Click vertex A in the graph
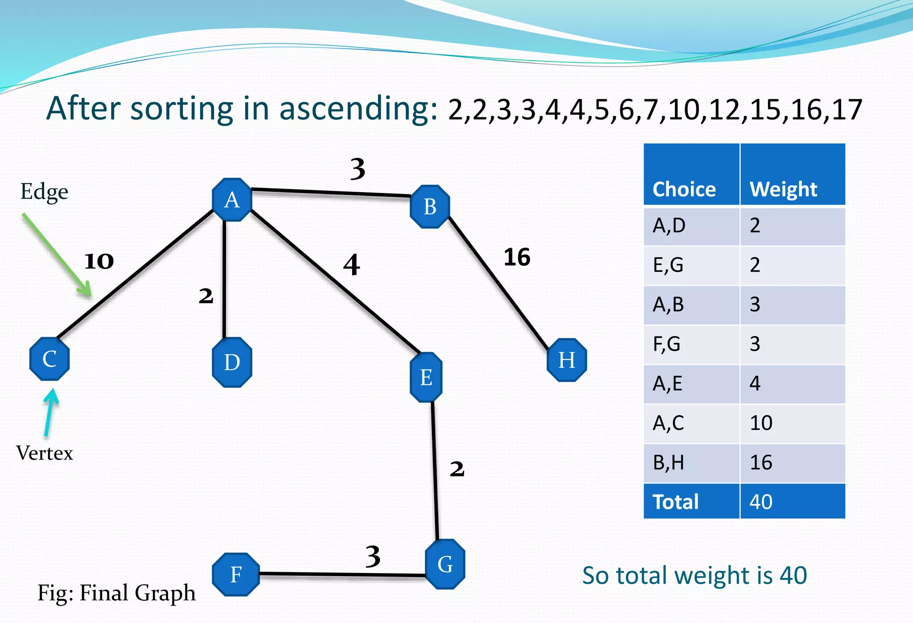232,200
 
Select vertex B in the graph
430,206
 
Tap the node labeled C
49,359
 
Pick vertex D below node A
232,362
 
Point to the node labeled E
426,377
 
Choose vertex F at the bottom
236,574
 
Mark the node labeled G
445,564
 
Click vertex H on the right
567,360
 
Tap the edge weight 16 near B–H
517,257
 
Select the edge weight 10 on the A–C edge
99,261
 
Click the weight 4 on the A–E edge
351,265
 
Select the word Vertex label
45,453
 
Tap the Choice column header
684,189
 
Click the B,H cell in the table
668,462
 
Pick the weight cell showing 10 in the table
761,423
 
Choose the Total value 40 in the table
761,502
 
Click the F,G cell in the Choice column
667,344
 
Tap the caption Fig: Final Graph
116,593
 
